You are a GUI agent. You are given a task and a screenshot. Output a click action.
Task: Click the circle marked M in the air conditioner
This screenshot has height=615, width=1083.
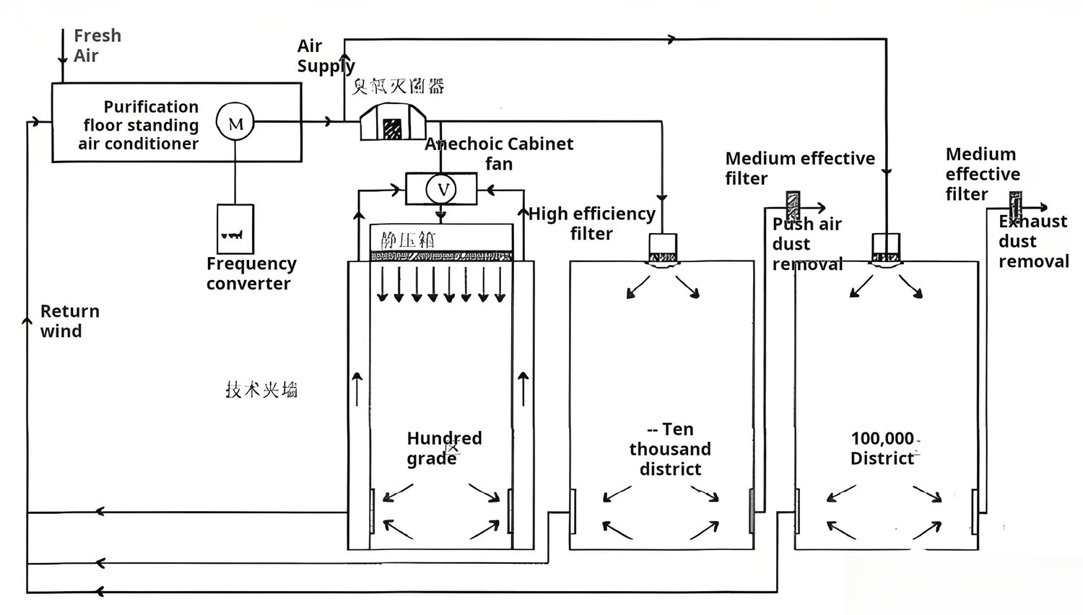click(x=235, y=123)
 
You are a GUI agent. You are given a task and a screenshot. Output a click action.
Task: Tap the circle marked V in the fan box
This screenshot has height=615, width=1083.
click(x=441, y=189)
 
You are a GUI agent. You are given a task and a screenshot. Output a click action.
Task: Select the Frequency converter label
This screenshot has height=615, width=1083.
click(x=251, y=274)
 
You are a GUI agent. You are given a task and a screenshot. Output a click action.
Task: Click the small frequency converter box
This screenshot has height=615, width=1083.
click(x=235, y=229)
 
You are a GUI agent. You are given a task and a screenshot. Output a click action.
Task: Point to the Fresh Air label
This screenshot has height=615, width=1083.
click(x=97, y=45)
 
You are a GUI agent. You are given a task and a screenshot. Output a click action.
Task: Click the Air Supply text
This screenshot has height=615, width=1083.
click(x=325, y=56)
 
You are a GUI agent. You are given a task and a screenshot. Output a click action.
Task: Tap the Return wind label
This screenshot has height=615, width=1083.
click(x=69, y=321)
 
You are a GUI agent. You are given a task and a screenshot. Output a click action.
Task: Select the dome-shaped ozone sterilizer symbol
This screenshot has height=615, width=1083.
click(x=393, y=122)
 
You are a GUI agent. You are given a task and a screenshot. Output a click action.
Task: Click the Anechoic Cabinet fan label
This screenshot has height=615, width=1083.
click(x=499, y=153)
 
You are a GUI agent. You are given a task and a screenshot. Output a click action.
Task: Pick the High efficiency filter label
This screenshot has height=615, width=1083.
click(x=591, y=224)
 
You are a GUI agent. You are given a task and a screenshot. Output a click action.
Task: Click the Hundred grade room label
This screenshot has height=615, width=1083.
click(x=443, y=448)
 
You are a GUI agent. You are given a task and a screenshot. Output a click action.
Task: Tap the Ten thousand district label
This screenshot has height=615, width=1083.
click(x=670, y=449)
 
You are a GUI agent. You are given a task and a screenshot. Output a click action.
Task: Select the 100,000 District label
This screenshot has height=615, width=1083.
click(x=882, y=448)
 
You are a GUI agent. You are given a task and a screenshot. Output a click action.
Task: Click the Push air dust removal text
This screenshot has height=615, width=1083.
click(x=807, y=244)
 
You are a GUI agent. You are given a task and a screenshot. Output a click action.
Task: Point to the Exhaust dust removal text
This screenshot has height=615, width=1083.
click(x=1032, y=241)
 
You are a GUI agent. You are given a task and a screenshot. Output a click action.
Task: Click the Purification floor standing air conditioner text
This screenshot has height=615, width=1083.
click(x=139, y=125)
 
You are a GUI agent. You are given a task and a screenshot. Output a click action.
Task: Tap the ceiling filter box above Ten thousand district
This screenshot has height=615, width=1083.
click(x=662, y=248)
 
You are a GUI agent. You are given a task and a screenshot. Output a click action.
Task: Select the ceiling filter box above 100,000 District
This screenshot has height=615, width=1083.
click(x=886, y=248)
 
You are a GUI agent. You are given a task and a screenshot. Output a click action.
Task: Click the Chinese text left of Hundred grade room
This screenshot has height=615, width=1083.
click(x=261, y=390)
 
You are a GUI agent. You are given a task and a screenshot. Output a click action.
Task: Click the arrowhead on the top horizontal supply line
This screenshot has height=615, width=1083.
click(x=672, y=39)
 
